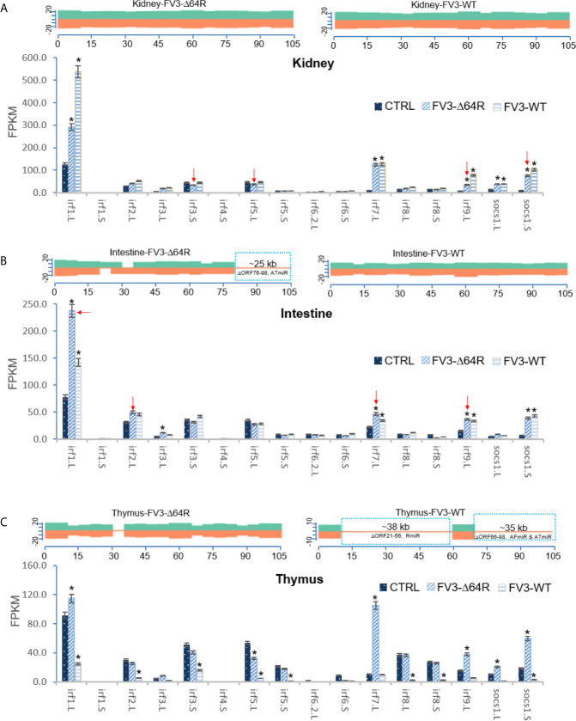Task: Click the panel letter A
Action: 6,6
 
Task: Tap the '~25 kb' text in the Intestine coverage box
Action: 268,261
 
